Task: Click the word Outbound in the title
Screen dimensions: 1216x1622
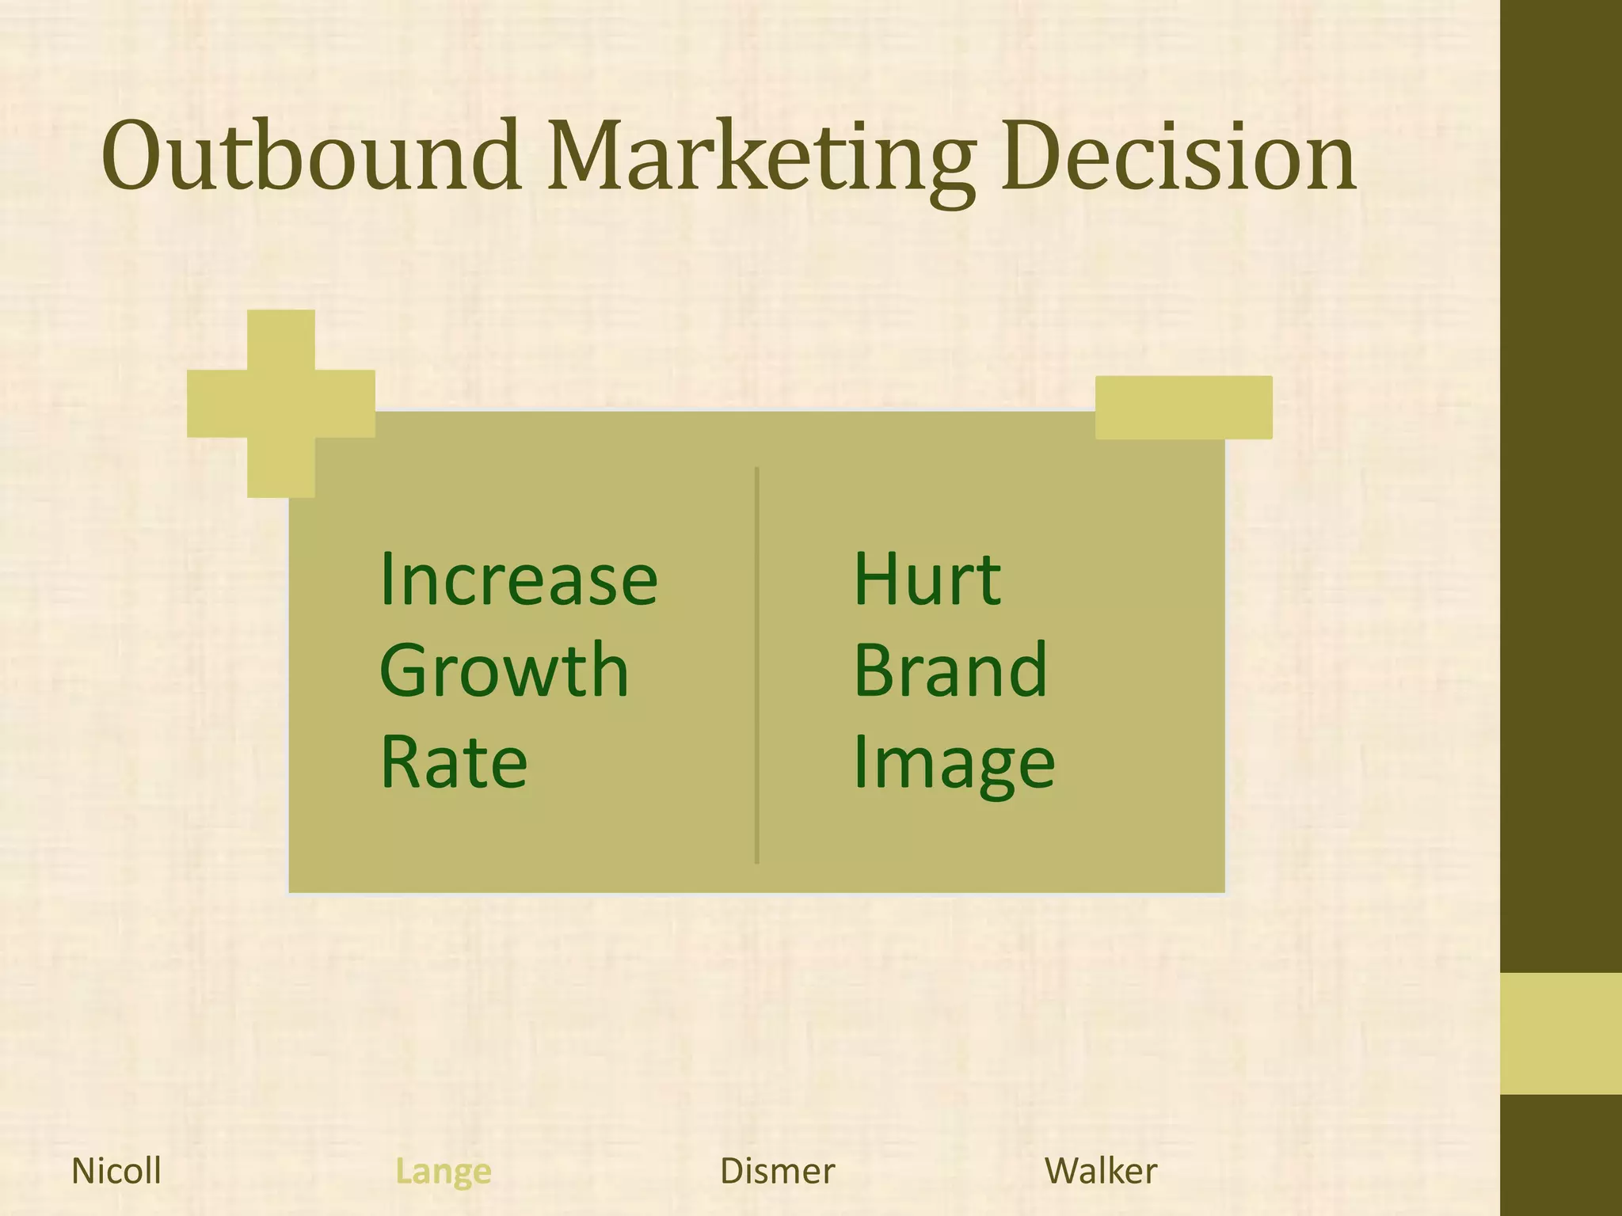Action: click(310, 156)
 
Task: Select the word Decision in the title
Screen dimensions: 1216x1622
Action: click(1178, 156)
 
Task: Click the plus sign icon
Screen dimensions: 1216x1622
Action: click(281, 404)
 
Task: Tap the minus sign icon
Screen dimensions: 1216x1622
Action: click(1183, 407)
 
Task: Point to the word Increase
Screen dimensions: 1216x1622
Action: click(519, 580)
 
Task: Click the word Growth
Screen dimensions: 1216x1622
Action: click(504, 671)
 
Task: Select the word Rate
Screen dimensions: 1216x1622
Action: click(454, 762)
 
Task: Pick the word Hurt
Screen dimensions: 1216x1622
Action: click(927, 580)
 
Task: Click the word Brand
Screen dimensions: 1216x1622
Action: click(950, 671)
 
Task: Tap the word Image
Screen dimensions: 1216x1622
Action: click(954, 763)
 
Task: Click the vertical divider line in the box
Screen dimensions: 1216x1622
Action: click(757, 665)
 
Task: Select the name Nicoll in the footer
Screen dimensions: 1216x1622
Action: click(116, 1171)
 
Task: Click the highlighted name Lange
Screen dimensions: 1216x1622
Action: click(444, 1172)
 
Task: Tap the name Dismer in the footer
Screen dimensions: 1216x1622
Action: click(777, 1172)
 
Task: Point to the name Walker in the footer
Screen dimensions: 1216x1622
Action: click(1101, 1171)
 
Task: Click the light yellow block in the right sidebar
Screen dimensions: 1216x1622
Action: click(1560, 1033)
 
